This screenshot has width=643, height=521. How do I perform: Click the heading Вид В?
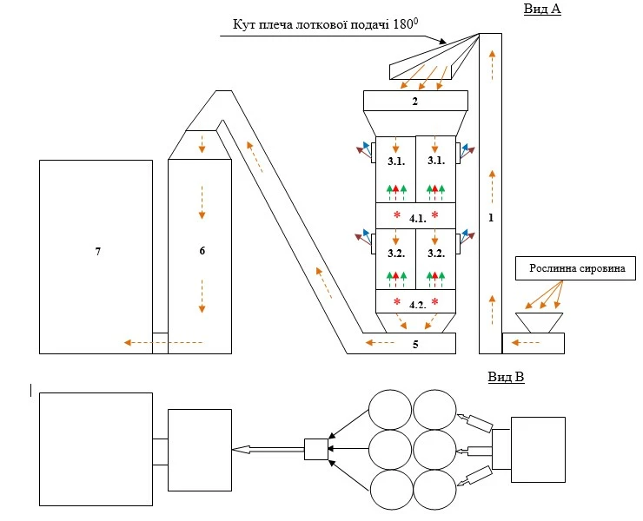(x=505, y=377)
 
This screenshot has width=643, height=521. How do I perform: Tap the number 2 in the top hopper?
(x=415, y=102)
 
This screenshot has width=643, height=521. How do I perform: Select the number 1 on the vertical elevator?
(x=491, y=218)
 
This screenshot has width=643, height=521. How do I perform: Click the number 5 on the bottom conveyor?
(x=415, y=344)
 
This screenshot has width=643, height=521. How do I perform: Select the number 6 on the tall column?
(x=202, y=250)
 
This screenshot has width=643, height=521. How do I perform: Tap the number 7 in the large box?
(x=98, y=250)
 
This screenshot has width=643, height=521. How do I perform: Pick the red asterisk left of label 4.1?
(x=396, y=214)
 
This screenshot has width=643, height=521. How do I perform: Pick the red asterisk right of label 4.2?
(x=434, y=302)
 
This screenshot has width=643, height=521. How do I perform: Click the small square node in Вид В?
(x=316, y=449)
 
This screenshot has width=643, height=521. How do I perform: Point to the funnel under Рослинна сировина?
(x=539, y=323)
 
